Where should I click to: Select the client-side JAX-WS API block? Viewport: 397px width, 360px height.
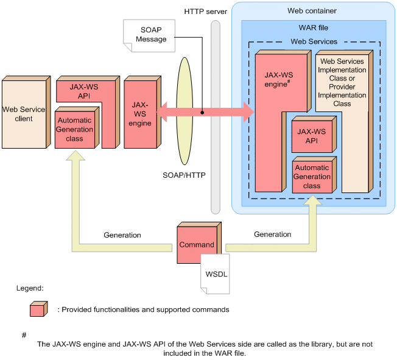point(77,91)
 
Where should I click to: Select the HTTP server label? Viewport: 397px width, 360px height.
point(205,12)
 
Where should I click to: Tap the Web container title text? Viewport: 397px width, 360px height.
point(312,11)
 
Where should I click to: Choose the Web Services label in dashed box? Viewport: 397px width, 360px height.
point(314,41)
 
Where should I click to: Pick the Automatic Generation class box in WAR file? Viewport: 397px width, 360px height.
point(312,177)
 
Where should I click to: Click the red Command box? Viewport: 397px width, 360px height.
point(196,245)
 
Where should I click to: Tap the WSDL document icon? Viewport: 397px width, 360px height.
point(216,274)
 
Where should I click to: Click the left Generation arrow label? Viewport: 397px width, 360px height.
point(122,235)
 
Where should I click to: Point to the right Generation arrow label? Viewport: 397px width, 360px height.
point(272,234)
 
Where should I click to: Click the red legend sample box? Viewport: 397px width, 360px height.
point(38,309)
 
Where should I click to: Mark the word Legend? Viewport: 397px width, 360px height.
point(29,287)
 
